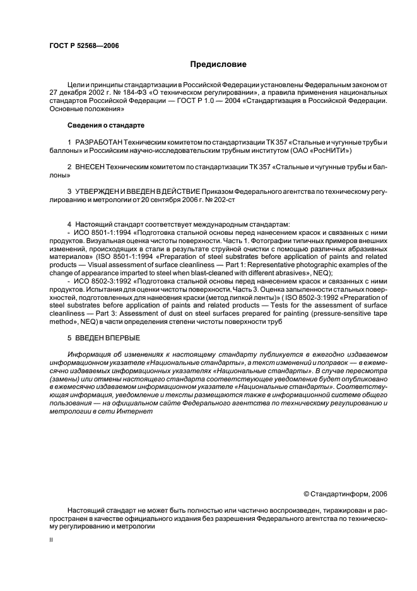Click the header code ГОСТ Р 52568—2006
point(84,45)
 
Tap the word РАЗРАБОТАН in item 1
point(99,143)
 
